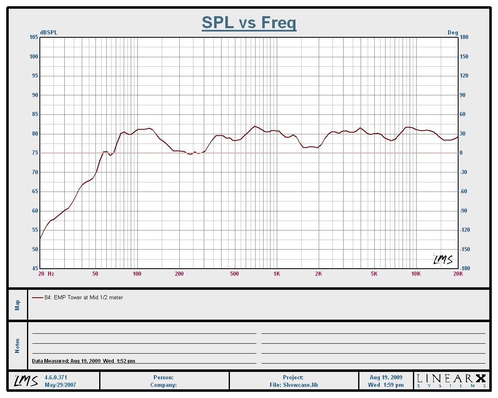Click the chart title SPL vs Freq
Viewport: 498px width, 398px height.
tap(249, 22)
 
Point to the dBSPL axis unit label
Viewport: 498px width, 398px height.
tap(49, 33)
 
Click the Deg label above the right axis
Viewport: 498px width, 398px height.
tap(452, 33)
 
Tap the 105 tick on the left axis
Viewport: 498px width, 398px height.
tap(34, 37)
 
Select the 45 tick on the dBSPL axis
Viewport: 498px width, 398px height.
tap(35, 269)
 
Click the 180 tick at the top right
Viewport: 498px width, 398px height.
tap(464, 37)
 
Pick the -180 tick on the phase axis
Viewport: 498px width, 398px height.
tap(465, 269)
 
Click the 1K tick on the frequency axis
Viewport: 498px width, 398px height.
tap(276, 274)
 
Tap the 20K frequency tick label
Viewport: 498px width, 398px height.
tap(458, 274)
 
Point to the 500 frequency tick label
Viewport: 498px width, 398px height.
tap(234, 274)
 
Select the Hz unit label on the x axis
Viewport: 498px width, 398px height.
tap(51, 274)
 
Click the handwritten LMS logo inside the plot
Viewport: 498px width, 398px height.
tap(443, 260)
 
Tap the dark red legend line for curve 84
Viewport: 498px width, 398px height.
tap(37, 298)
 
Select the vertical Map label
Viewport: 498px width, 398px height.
tap(17, 305)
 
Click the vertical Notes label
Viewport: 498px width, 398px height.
tap(17, 346)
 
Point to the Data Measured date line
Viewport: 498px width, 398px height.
tap(83, 361)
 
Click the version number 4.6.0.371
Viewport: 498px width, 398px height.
tap(56, 378)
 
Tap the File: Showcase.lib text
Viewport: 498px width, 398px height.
tap(293, 385)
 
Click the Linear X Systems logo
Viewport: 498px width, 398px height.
tap(451, 380)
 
